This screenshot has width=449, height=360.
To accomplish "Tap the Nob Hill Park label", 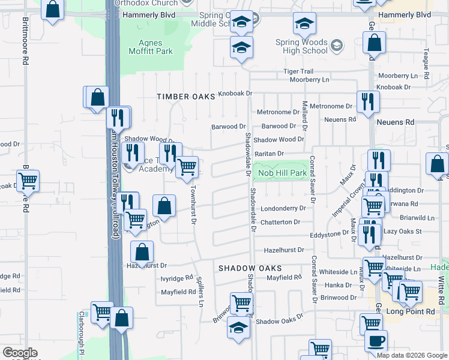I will click(282, 173).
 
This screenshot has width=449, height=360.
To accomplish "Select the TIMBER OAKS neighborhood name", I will click(186, 97).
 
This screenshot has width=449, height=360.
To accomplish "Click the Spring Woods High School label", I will click(302, 46).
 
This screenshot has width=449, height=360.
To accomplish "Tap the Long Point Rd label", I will click(410, 311).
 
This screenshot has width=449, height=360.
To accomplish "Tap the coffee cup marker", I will click(376, 341).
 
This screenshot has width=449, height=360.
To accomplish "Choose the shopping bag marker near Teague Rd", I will click(375, 43).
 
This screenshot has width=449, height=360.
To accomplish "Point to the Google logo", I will click(20, 353).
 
